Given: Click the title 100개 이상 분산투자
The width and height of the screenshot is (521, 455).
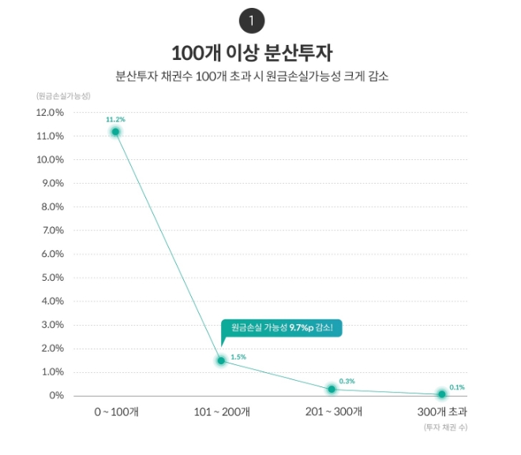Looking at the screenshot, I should pos(252,54).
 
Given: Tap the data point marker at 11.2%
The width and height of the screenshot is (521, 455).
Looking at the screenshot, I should pos(116,132).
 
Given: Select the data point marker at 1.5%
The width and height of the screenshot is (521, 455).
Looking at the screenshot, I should pos(221,360).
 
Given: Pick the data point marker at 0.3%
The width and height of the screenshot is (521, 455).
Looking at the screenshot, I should pos(332,390).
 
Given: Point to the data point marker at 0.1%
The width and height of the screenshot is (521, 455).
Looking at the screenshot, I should pos(442,394).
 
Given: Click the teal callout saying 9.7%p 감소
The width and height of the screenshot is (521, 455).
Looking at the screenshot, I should pos(282,327).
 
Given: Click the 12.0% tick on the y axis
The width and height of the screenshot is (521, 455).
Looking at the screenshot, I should pos(50,112).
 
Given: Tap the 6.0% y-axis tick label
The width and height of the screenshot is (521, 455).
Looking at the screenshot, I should pos(51,254).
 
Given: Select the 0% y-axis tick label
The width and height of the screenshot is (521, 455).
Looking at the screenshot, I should pos(54,395).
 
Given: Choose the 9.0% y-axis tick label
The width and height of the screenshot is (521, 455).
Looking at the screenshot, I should pos(51,183).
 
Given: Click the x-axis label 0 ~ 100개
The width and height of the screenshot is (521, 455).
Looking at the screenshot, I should pos(116,412).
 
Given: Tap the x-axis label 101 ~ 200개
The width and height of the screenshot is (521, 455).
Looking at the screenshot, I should pos(222,412).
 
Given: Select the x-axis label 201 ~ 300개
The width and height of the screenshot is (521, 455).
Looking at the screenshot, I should pos(332,412).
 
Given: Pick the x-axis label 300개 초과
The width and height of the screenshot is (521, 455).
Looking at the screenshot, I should pos(442,412).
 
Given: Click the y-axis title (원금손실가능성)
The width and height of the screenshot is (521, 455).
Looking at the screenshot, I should pos(62,95).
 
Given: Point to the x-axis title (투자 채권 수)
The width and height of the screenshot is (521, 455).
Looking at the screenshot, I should pos(445,427).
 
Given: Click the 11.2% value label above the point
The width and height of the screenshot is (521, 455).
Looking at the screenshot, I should pos(115,119).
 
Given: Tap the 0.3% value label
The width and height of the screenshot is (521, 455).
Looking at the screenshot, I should pos(347,381).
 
